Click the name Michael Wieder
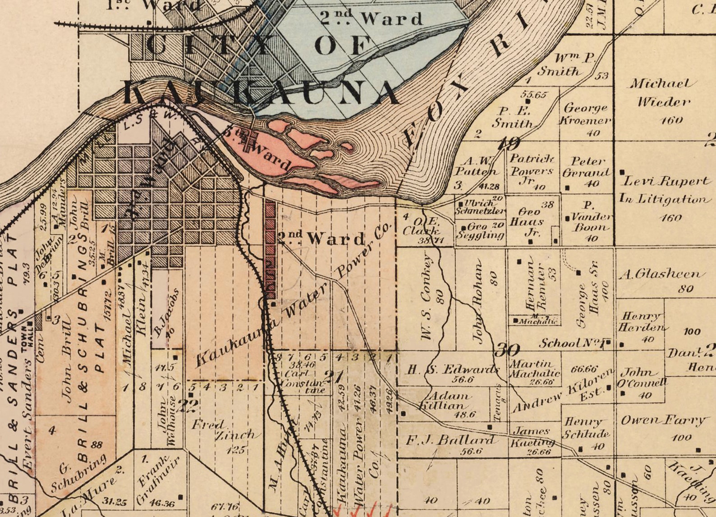point(662,92)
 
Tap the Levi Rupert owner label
point(666,181)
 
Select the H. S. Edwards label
point(453,370)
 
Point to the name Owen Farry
point(662,421)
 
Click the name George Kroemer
point(586,114)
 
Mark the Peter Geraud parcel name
point(587,167)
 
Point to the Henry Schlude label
point(586,427)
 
